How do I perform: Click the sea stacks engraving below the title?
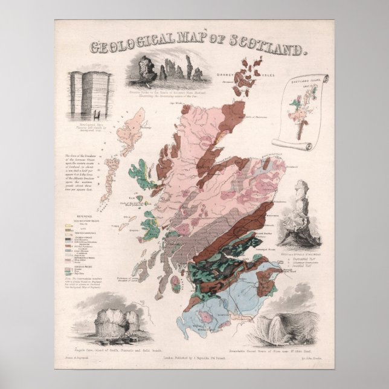click(173, 71)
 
